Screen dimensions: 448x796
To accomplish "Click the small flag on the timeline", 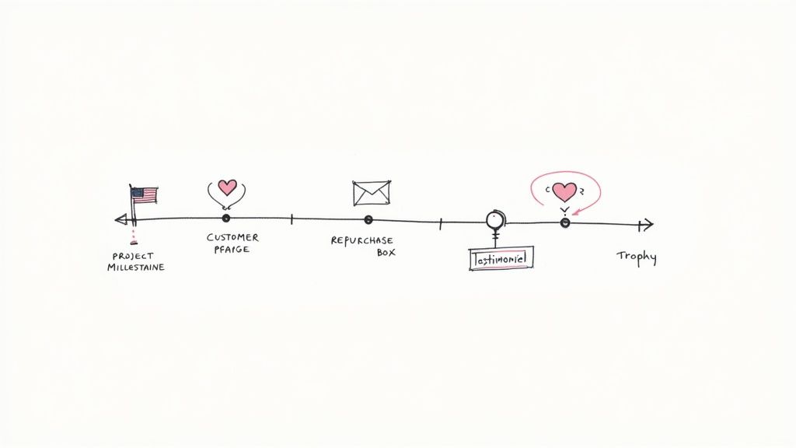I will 144,194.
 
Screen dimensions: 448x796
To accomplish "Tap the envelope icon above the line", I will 371,193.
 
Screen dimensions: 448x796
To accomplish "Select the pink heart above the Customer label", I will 227,187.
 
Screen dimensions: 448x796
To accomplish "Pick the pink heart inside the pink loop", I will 564,191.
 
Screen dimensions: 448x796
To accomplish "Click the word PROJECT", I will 133,255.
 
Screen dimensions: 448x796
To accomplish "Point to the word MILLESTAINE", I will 136,267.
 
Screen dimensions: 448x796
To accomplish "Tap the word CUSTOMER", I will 232,237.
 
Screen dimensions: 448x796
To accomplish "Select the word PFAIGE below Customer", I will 232,250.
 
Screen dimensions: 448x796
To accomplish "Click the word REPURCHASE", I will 361,240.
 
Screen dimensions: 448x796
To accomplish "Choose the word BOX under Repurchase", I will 386,253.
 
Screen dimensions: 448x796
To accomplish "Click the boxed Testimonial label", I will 501,258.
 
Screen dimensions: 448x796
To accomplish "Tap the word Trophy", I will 637,256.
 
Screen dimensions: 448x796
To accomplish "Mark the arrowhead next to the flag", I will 120,219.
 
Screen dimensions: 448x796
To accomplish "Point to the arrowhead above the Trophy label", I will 644,225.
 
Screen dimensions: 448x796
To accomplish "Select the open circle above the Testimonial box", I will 494,219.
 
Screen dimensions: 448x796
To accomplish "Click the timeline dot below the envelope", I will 368,219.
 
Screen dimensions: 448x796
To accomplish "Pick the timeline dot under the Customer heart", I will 226,219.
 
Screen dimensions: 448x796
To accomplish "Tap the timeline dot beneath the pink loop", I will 565,222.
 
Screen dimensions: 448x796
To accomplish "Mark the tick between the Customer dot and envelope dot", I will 292,219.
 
